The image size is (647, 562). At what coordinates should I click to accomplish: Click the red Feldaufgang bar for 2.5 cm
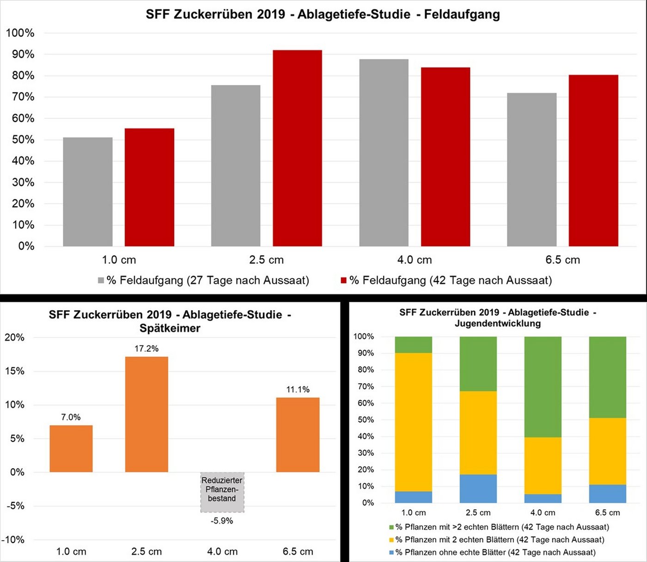[x=297, y=148]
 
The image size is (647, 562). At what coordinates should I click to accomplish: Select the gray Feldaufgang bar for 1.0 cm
[x=88, y=192]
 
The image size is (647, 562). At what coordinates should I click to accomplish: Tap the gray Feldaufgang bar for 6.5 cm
[x=531, y=170]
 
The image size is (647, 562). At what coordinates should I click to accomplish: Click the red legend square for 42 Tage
[x=343, y=281]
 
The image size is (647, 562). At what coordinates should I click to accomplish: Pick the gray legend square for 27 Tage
[x=101, y=281]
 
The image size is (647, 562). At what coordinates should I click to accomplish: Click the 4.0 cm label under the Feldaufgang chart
[x=415, y=260]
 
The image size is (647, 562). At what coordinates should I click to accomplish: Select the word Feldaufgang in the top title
[x=462, y=14]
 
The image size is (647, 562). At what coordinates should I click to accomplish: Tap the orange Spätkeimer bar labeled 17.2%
[x=146, y=414]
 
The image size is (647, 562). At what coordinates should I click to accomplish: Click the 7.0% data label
[x=71, y=417]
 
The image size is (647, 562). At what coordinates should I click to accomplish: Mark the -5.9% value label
[x=222, y=521]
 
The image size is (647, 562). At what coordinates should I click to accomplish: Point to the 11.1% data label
[x=298, y=390]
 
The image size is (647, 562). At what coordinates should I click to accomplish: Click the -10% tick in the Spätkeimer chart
[x=13, y=540]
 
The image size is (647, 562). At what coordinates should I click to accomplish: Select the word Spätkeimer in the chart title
[x=170, y=329]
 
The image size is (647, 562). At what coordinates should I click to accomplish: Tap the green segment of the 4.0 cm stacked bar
[x=543, y=387]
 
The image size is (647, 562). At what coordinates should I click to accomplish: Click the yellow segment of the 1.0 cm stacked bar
[x=413, y=422]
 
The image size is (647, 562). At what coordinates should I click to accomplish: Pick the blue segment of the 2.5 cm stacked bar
[x=478, y=489]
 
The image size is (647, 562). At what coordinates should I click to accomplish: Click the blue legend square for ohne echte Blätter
[x=392, y=552]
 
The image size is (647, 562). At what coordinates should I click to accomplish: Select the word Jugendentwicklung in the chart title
[x=497, y=324]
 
